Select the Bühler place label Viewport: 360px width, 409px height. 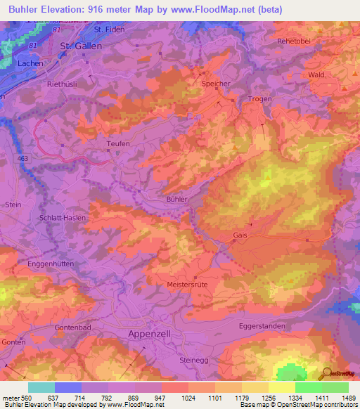click(x=176, y=200)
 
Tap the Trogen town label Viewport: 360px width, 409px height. click(x=259, y=99)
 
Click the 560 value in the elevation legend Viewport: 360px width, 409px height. click(x=25, y=397)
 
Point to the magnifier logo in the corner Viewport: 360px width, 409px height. click(x=326, y=373)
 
